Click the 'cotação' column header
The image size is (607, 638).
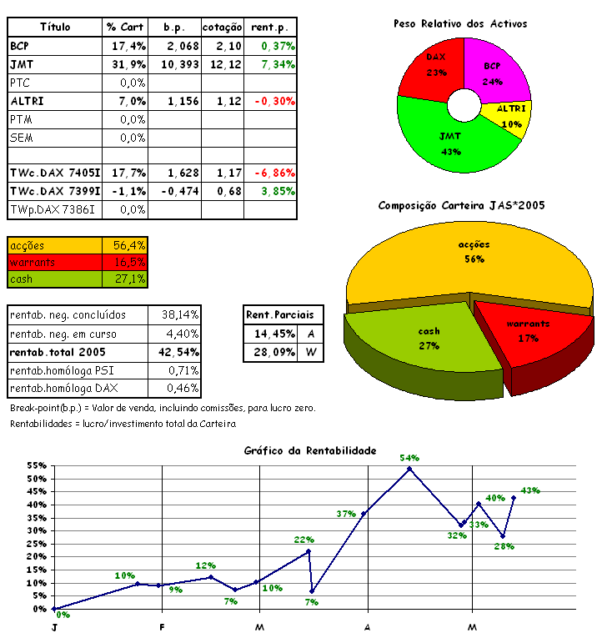pyautogui.click(x=223, y=27)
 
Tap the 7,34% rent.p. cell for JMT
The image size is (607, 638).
pyautogui.click(x=271, y=64)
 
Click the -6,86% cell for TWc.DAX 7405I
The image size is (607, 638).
pyautogui.click(x=271, y=173)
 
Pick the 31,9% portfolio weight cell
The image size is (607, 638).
pyautogui.click(x=126, y=64)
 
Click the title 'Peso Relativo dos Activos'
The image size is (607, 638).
pyautogui.click(x=460, y=24)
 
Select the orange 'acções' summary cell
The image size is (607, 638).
pyautogui.click(x=55, y=245)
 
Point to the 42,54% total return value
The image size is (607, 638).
pyautogui.click(x=178, y=351)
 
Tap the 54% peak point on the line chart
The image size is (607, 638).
pyautogui.click(x=409, y=469)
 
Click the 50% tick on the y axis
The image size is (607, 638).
pyautogui.click(x=38, y=479)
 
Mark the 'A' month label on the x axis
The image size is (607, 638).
pyautogui.click(x=367, y=626)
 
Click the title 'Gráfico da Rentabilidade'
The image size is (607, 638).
pyautogui.click(x=310, y=450)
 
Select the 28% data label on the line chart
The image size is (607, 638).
pyautogui.click(x=504, y=547)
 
